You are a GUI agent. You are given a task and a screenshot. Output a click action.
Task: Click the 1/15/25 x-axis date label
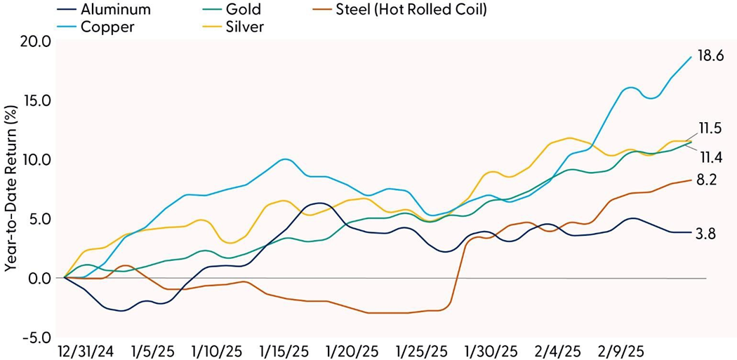point(284,349)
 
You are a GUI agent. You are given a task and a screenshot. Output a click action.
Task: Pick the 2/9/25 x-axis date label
point(620,349)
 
